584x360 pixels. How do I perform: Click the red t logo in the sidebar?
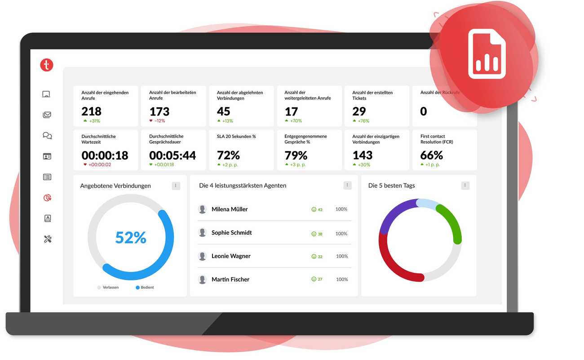[47, 65]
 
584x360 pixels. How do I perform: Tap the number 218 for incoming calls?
[91, 111]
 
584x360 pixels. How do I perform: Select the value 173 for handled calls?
[159, 111]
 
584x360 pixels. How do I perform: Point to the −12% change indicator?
[157, 121]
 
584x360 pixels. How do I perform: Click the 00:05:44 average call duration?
[173, 156]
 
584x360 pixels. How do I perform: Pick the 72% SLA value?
[228, 156]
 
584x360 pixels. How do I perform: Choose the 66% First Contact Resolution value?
[432, 156]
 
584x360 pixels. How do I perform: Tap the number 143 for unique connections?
[363, 156]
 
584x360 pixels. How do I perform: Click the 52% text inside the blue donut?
[131, 238]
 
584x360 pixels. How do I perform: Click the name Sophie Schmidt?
[231, 233]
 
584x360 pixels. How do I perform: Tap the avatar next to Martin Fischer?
[203, 280]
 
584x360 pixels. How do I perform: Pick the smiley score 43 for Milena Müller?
[317, 209]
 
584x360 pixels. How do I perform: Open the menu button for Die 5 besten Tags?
[465, 186]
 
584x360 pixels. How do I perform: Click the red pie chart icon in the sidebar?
[47, 198]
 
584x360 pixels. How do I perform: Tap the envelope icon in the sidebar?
[47, 115]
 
